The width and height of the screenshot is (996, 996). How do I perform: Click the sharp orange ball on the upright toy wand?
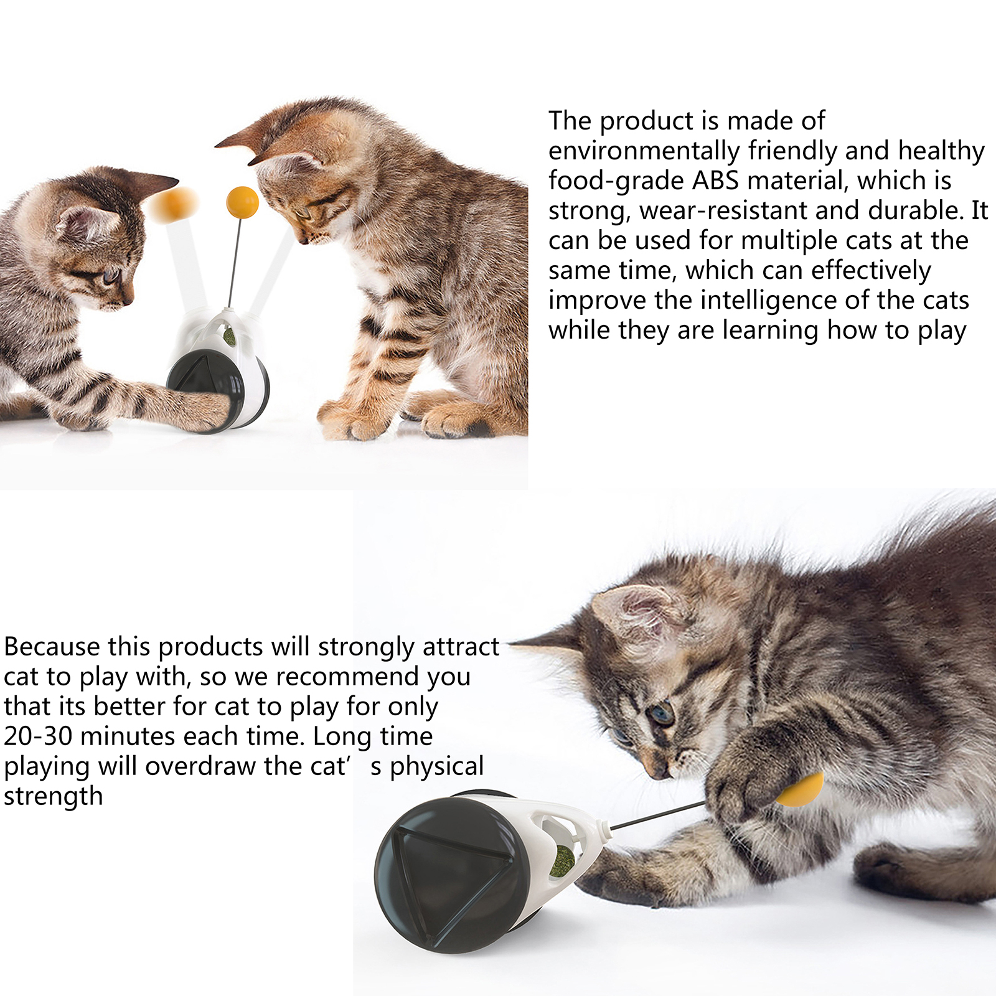[242, 202]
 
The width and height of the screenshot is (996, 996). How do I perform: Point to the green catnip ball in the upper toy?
[230, 337]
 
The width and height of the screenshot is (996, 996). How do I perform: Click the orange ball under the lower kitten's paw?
[801, 789]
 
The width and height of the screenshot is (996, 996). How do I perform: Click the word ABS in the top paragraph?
[715, 181]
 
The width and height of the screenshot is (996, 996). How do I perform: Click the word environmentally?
[644, 151]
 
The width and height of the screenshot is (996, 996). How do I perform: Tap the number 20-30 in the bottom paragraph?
[39, 736]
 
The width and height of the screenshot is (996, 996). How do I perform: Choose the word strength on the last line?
[54, 797]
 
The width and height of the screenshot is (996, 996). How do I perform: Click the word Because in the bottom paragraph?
[52, 647]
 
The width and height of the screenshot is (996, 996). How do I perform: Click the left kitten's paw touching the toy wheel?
[209, 411]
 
